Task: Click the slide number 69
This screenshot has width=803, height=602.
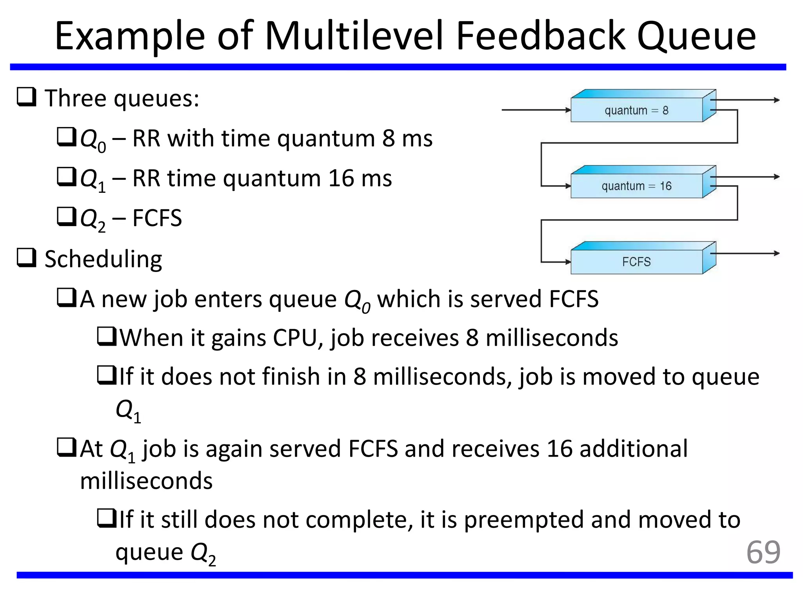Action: [x=763, y=553]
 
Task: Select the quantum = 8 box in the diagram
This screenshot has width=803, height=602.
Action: [x=636, y=111]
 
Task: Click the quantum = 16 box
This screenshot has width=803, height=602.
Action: [x=636, y=186]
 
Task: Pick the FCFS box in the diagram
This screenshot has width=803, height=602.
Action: [x=636, y=262]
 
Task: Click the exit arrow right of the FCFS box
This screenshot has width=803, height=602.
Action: [x=745, y=254]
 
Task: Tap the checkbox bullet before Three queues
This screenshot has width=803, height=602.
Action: [x=26, y=97]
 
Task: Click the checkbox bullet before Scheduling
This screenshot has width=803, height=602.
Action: [x=26, y=258]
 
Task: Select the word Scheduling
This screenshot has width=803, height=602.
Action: [x=103, y=259]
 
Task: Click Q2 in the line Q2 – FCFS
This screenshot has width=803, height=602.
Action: [x=92, y=219]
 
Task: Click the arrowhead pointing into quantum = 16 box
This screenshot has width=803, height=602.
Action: [x=567, y=186]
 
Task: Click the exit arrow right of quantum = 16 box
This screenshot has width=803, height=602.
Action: [x=745, y=177]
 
